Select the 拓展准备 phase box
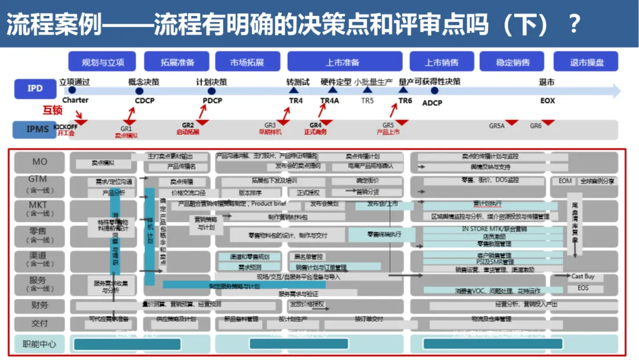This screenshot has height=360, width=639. click(x=177, y=62)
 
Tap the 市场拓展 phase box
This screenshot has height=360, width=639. click(x=247, y=62)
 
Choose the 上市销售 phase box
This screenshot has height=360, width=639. click(x=441, y=62)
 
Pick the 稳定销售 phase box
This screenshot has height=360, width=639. click(x=512, y=62)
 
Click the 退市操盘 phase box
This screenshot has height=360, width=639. click(x=586, y=62)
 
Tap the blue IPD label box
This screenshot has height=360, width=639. click(x=35, y=89)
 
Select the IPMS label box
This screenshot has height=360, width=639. click(x=35, y=128)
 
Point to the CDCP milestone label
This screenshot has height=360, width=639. click(x=144, y=101)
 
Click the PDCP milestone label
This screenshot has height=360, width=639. click(x=212, y=101)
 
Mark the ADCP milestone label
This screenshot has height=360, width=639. click(x=432, y=102)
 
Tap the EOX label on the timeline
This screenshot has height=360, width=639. click(x=547, y=101)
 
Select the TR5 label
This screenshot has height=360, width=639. click(x=367, y=101)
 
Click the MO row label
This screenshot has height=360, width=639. click(x=40, y=162)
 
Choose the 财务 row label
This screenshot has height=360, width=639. click(x=40, y=306)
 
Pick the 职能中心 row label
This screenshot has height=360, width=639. click(x=40, y=343)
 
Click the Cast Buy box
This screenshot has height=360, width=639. click(x=583, y=276)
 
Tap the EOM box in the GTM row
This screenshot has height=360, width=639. click(x=565, y=181)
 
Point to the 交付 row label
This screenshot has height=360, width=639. click(x=40, y=323)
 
